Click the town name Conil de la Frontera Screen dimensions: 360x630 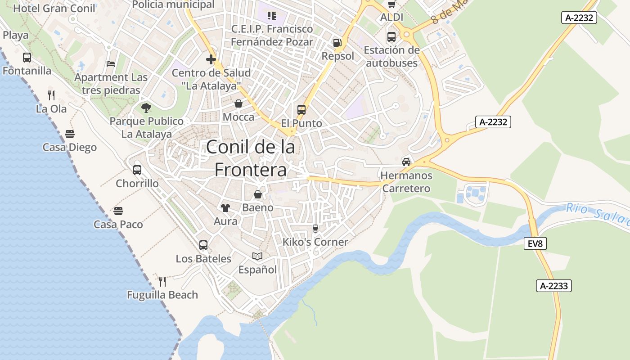pyautogui.click(x=251, y=158)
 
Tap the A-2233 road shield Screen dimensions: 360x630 pyautogui.click(x=554, y=286)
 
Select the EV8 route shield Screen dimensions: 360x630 pyautogui.click(x=535, y=244)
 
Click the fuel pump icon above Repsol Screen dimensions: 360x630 pyautogui.click(x=337, y=43)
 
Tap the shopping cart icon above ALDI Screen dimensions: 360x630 pyautogui.click(x=391, y=4)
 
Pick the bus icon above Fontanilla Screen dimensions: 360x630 pyautogui.click(x=27, y=58)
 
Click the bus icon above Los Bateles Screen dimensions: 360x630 pyautogui.click(x=203, y=245)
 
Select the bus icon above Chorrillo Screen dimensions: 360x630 pyautogui.click(x=137, y=170)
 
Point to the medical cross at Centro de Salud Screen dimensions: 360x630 pyautogui.click(x=211, y=59)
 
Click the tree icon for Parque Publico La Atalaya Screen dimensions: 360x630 pyautogui.click(x=146, y=108)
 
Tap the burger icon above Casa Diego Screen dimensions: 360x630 pyautogui.click(x=70, y=134)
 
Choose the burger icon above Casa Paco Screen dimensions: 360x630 pyautogui.click(x=118, y=211)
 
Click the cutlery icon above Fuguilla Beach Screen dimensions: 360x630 pyautogui.click(x=162, y=282)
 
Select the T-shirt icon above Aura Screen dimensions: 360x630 pyautogui.click(x=225, y=208)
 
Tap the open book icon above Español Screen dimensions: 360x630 pyautogui.click(x=257, y=256)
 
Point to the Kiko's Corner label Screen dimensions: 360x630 pyautogui.click(x=315, y=242)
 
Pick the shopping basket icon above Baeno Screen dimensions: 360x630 pyautogui.click(x=258, y=194)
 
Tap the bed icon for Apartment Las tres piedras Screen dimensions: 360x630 pyautogui.click(x=111, y=64)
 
